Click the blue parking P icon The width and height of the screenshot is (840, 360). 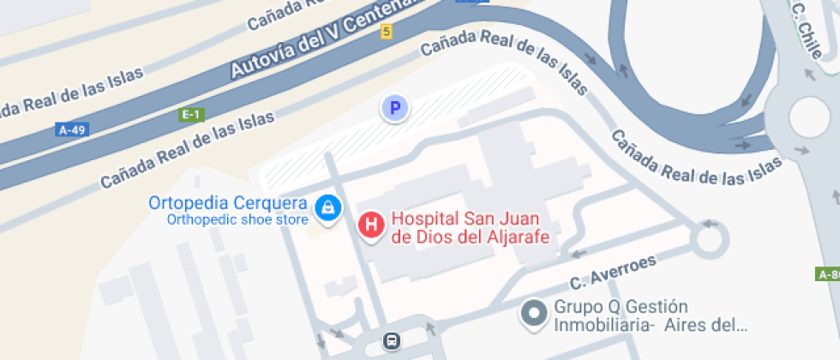coord(394,108)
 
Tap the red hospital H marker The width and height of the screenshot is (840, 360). coord(370,225)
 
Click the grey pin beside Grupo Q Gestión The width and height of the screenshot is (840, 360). coord(535,314)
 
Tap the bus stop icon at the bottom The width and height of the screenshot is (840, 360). coord(392,341)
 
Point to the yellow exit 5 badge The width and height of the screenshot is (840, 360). coord(387,32)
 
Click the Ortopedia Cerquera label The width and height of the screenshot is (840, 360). coord(228,203)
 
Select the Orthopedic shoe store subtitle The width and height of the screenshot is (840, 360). coord(237,219)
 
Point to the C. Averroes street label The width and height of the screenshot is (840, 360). coord(614,273)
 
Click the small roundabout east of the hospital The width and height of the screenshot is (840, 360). coord(710,239)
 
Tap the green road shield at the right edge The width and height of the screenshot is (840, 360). coord(828,274)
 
